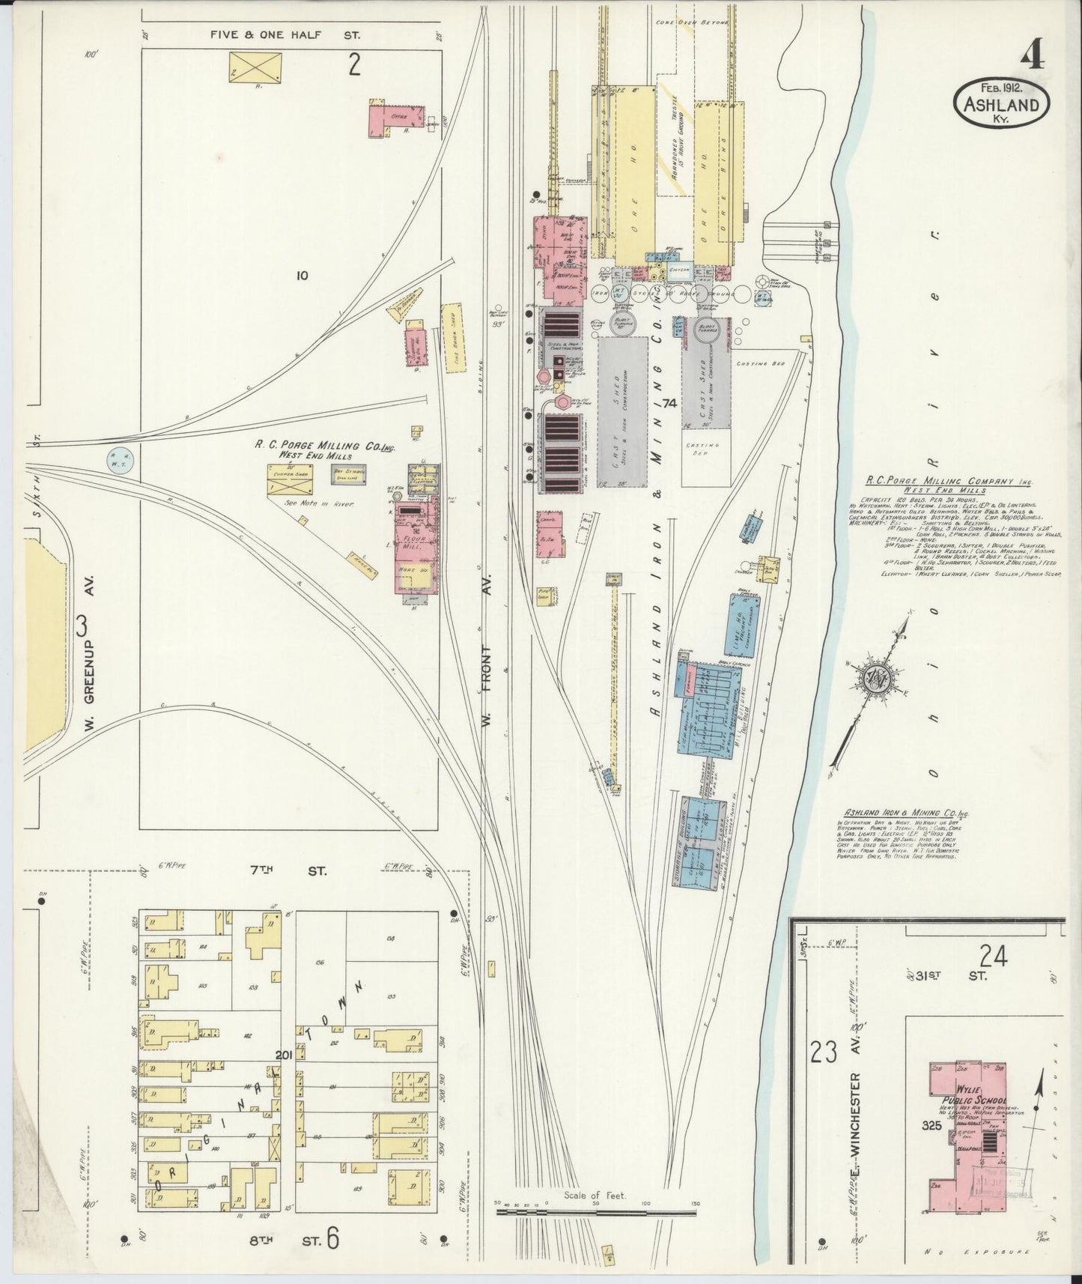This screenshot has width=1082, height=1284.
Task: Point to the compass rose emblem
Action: pyautogui.click(x=876, y=679)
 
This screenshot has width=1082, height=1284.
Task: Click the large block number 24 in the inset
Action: pyautogui.click(x=991, y=956)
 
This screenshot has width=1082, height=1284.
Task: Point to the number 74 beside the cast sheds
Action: pyautogui.click(x=669, y=403)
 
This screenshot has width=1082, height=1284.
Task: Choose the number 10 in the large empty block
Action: pyautogui.click(x=301, y=276)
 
